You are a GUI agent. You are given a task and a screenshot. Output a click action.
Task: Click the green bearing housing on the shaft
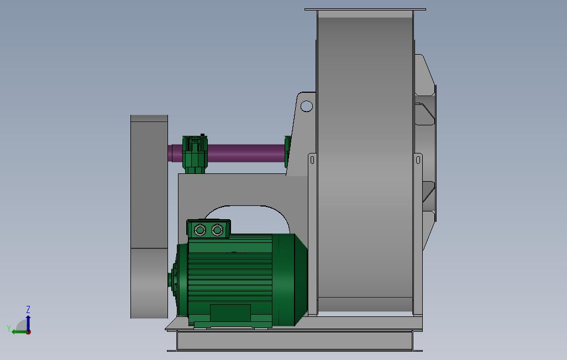point(195,155)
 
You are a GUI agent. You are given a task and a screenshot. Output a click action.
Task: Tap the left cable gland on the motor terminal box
point(200,230)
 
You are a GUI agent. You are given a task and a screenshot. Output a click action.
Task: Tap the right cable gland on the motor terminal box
point(217,230)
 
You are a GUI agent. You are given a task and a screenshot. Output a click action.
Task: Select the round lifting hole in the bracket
point(307,106)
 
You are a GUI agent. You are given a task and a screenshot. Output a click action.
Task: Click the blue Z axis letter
point(28,309)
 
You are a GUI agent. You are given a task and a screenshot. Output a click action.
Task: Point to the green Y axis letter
point(9,328)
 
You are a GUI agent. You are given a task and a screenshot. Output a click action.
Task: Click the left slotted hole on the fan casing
point(312,159)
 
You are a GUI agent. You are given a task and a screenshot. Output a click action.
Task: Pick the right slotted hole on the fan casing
point(418,159)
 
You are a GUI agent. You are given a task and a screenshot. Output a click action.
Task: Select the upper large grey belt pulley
point(149,182)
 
